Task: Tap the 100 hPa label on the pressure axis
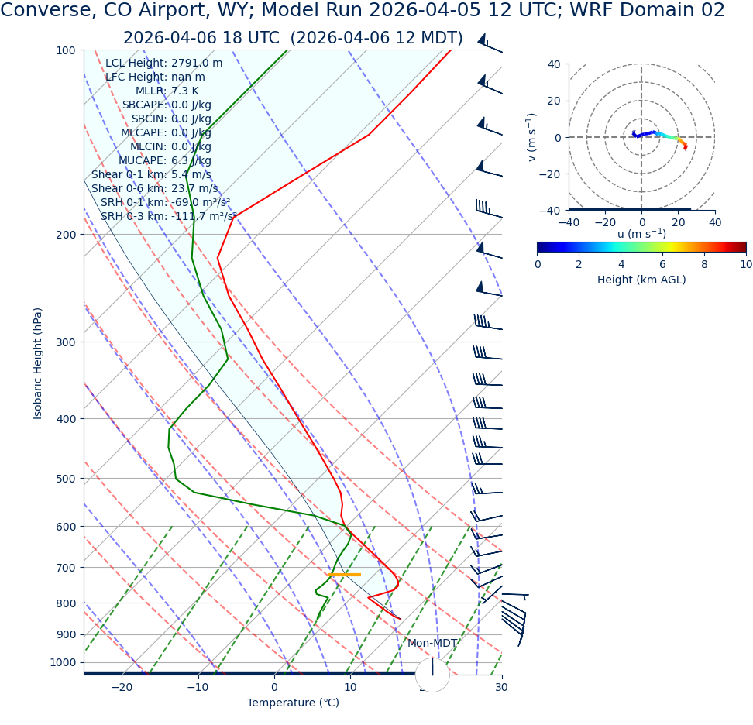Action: [66, 50]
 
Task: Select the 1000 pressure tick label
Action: [63, 662]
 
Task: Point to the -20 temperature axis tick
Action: [122, 687]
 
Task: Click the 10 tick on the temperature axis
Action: [350, 687]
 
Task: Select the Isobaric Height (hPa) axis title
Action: [38, 363]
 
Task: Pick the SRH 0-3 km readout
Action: [168, 217]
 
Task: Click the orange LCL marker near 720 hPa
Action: [344, 574]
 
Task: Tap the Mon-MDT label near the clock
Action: [432, 643]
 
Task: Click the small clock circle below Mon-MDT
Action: [432, 675]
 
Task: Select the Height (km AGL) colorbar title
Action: [641, 280]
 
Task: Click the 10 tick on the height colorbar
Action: [745, 264]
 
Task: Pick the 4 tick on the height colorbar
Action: [621, 264]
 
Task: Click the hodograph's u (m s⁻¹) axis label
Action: [641, 234]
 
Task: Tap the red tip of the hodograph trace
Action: [686, 146]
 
